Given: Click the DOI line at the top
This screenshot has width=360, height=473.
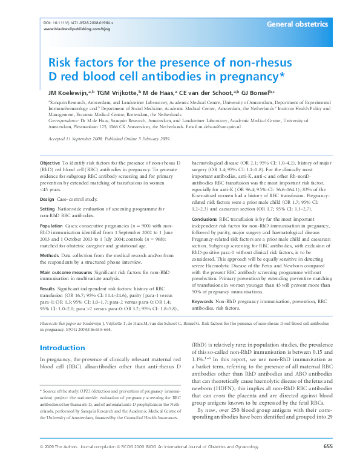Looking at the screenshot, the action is tap(79, 22).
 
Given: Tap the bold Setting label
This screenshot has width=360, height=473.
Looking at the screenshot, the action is tap(47, 210).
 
